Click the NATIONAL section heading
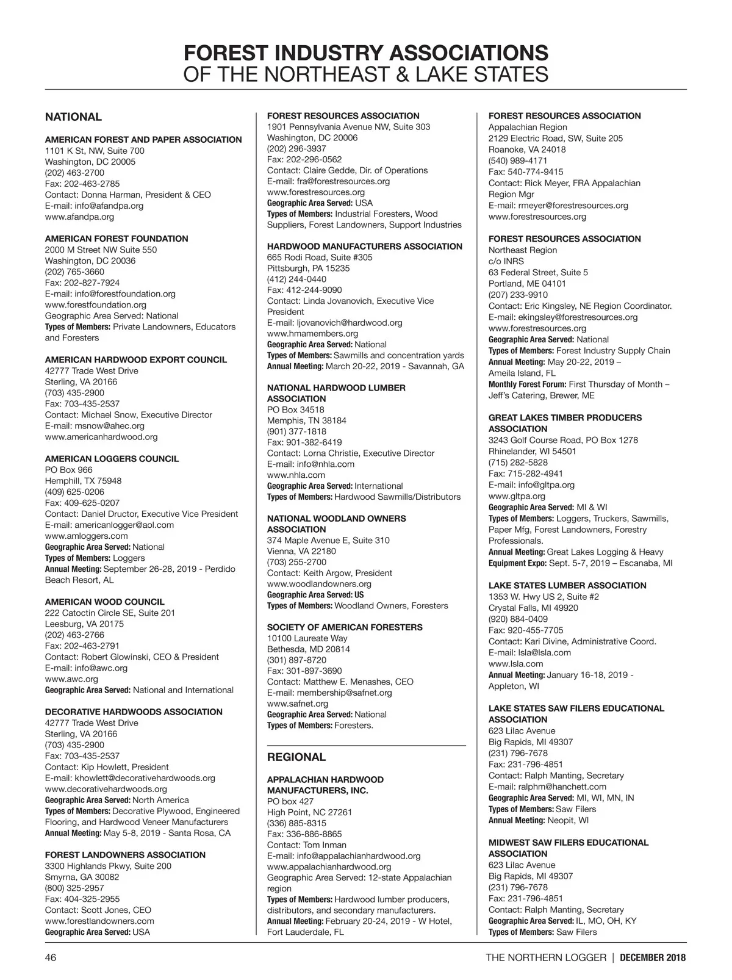pos(73,117)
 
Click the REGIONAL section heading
pos(296,757)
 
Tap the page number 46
pos(51,957)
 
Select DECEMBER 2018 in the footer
pos(653,957)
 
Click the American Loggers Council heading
pos(112,459)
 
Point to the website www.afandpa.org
pos(79,217)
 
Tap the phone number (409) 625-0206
pos(74,492)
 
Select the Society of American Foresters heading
pos(345,627)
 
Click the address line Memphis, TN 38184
pos(307,420)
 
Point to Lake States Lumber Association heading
pos(567,586)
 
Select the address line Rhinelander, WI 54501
pos(532,452)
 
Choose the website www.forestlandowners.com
pos(99,921)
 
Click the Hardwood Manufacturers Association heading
pos(365,247)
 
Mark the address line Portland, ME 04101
pos(527,284)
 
